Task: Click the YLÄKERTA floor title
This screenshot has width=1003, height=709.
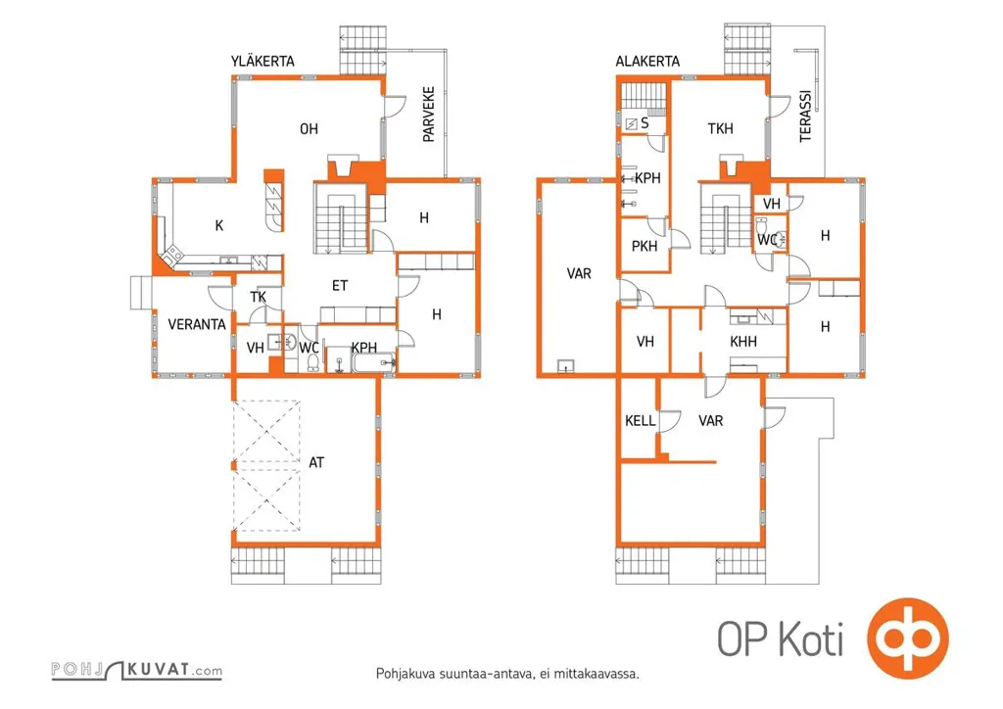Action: pyautogui.click(x=263, y=61)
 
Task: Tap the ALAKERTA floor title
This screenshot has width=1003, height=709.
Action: pyautogui.click(x=647, y=62)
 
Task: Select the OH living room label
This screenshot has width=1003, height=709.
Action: pyautogui.click(x=309, y=129)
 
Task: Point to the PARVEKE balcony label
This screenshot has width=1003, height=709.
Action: pyautogui.click(x=429, y=115)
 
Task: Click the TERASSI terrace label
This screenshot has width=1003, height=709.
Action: pyautogui.click(x=805, y=116)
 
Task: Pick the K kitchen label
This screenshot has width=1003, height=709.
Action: pyautogui.click(x=219, y=225)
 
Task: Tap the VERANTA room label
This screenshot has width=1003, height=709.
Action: pyautogui.click(x=197, y=325)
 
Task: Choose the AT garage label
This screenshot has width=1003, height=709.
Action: pyautogui.click(x=316, y=462)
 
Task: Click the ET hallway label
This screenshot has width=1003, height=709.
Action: pyautogui.click(x=340, y=286)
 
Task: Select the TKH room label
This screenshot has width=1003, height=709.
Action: pyautogui.click(x=720, y=129)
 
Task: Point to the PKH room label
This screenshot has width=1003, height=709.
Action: pyautogui.click(x=645, y=246)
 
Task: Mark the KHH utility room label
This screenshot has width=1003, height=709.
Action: pyautogui.click(x=743, y=342)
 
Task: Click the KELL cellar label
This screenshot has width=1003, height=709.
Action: pyautogui.click(x=641, y=421)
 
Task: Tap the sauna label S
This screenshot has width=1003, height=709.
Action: pyautogui.click(x=645, y=122)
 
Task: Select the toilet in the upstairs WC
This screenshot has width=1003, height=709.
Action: pyautogui.click(x=313, y=362)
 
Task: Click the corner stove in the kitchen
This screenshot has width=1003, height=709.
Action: pyautogui.click(x=172, y=255)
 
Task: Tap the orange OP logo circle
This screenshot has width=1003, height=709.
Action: pyautogui.click(x=908, y=638)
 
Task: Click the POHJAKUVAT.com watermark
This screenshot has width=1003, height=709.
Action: pyautogui.click(x=137, y=670)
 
